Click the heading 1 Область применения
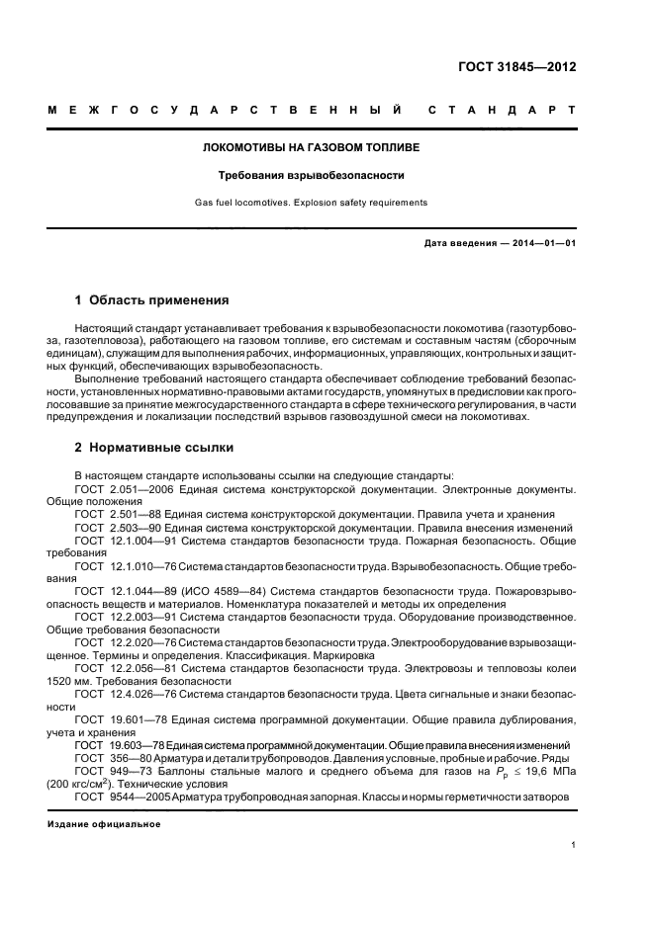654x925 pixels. (151, 299)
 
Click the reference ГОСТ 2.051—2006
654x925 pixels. (124, 489)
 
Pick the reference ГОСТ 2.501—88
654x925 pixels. (118, 514)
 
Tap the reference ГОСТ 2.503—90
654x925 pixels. (118, 527)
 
